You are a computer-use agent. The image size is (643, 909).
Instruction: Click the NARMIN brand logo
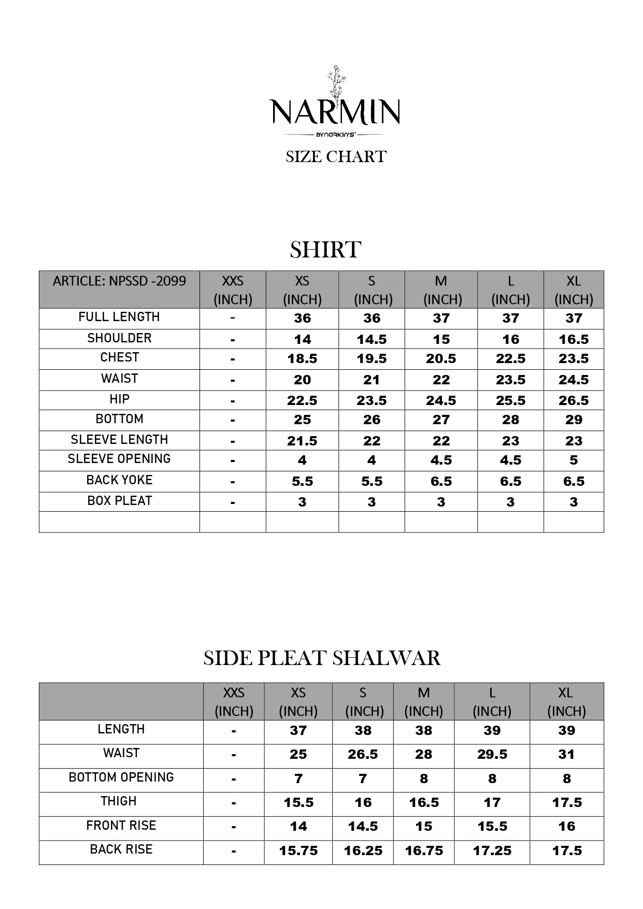(335, 106)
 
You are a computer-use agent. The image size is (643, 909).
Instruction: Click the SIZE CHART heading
(336, 156)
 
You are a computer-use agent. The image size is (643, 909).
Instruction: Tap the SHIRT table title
(325, 250)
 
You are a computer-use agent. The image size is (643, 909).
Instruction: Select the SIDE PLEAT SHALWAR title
(322, 658)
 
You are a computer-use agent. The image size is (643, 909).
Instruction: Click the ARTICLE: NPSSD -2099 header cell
(119, 281)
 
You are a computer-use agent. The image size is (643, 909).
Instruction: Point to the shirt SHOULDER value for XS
(302, 339)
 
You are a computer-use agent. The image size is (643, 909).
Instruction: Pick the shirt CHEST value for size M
(441, 358)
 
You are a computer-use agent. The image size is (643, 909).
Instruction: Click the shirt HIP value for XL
(574, 400)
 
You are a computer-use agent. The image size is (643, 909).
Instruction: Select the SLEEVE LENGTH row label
(119, 440)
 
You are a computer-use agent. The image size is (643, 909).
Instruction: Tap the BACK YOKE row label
(119, 480)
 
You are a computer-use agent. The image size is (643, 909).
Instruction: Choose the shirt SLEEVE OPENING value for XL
(574, 460)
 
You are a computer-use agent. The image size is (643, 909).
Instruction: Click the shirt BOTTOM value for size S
(371, 420)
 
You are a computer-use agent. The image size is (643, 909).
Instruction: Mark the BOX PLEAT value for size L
(510, 502)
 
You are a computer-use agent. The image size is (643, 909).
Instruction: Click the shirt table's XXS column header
(233, 290)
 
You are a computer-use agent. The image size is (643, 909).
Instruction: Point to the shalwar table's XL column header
(566, 701)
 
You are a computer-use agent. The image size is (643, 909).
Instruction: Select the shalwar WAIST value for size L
(492, 755)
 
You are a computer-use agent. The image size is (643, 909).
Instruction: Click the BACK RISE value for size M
(424, 850)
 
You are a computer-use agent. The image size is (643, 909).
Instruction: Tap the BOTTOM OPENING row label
(121, 777)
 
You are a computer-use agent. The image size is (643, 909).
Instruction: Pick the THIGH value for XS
(298, 802)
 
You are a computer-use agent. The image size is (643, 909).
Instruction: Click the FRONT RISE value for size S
(363, 826)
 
